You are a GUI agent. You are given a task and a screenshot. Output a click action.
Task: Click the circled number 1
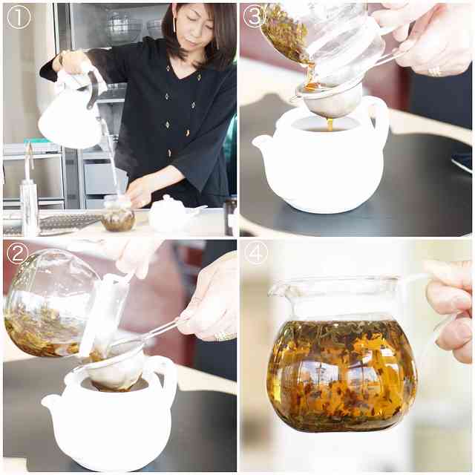19,18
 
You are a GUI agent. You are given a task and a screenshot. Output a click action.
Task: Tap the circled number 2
18,253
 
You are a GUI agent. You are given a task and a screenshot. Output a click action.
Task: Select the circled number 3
255,16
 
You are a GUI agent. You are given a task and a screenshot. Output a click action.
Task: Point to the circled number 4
256,253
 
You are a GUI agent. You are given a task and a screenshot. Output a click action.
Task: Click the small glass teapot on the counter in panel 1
119,215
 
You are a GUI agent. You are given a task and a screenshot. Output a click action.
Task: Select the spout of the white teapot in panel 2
48,402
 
